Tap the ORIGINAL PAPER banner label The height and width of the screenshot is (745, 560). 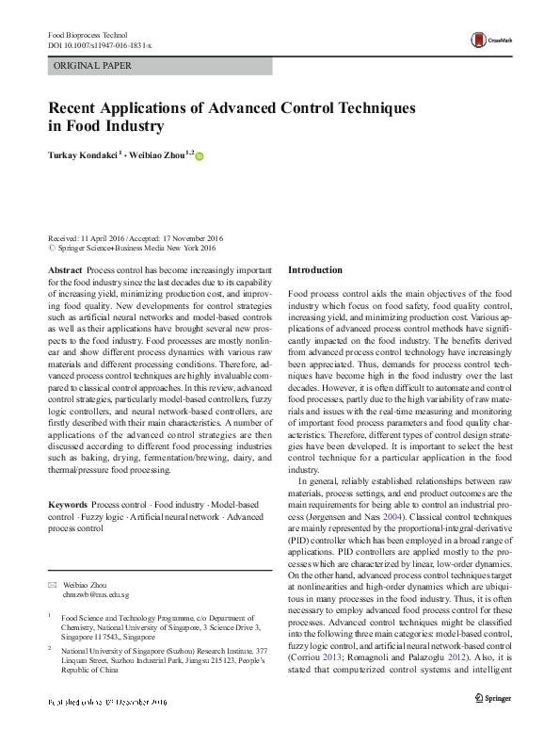(x=93, y=66)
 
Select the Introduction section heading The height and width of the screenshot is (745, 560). (x=315, y=270)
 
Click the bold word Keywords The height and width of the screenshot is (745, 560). (x=68, y=505)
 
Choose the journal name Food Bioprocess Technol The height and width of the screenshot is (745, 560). (x=88, y=35)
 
